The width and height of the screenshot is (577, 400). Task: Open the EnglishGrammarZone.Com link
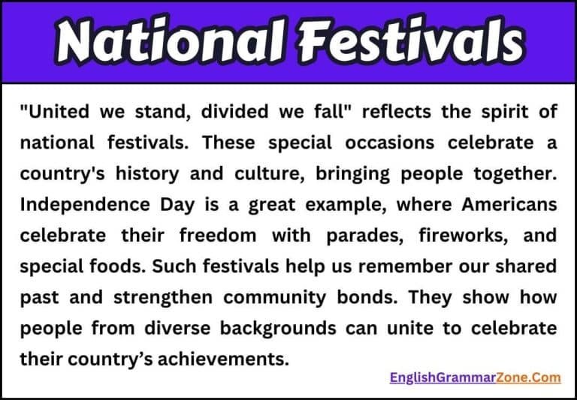click(x=475, y=377)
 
